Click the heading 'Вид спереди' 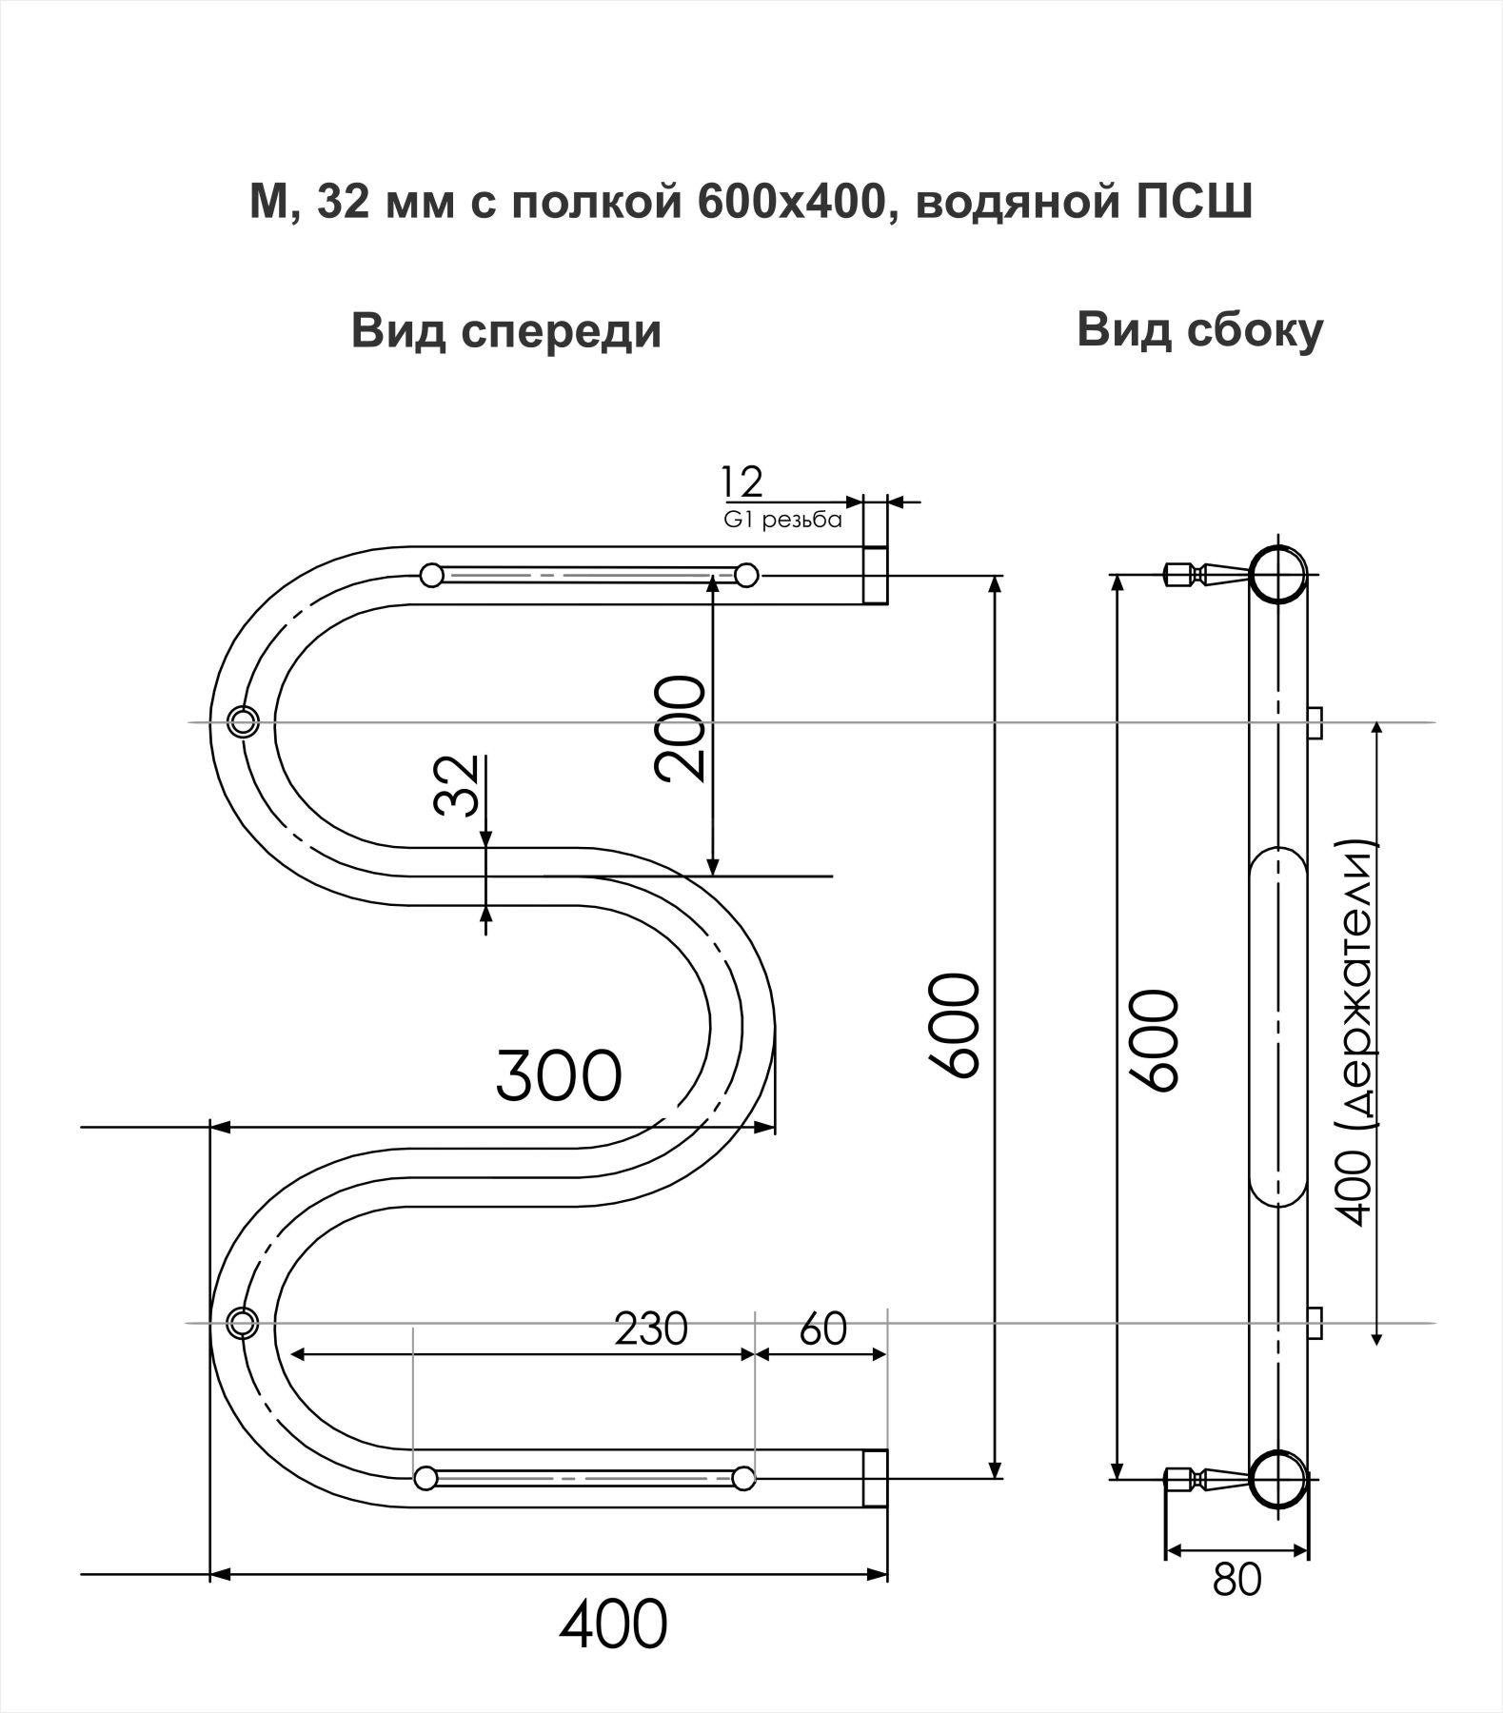click(x=506, y=332)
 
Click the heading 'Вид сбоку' click(x=1199, y=330)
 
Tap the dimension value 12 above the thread click(x=742, y=483)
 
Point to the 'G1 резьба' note click(x=783, y=521)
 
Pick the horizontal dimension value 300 click(x=559, y=1076)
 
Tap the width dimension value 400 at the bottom click(x=613, y=1624)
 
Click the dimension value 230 click(x=651, y=1329)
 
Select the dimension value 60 click(x=823, y=1329)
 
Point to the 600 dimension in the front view click(x=955, y=1025)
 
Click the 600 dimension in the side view click(x=1154, y=1039)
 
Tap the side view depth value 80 click(x=1237, y=1579)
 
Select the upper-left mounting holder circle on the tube click(x=243, y=720)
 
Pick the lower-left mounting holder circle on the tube click(x=243, y=1323)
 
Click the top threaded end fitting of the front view click(x=875, y=575)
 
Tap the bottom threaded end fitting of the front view click(x=875, y=1478)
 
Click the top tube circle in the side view click(x=1277, y=574)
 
